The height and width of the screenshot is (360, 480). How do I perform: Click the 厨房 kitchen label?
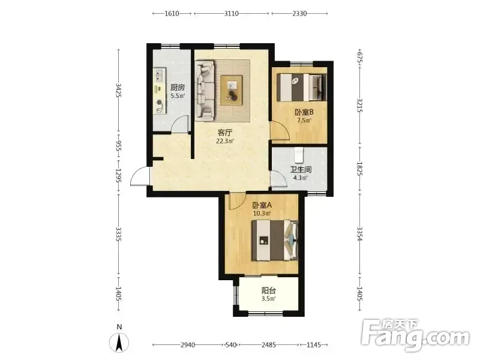click(x=178, y=88)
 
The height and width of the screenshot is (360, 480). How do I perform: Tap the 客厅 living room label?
click(x=225, y=133)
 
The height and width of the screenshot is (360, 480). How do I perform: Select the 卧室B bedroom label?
click(x=304, y=112)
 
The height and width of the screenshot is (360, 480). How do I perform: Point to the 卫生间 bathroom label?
click(x=301, y=170)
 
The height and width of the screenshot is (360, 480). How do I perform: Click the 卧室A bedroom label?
click(x=262, y=205)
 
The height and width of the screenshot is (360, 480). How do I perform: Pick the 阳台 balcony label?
click(x=269, y=290)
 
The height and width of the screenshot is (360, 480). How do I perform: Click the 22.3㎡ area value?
click(x=225, y=141)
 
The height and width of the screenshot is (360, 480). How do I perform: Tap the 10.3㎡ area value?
click(x=262, y=214)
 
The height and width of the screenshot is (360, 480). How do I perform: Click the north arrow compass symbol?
click(x=119, y=342)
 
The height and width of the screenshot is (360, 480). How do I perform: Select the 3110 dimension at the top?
click(x=232, y=13)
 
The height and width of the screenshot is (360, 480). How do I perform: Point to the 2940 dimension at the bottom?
click(x=188, y=345)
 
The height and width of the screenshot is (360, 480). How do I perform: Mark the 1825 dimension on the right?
click(x=360, y=169)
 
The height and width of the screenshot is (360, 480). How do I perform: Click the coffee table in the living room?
click(x=232, y=91)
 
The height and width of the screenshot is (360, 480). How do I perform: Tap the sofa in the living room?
click(x=205, y=89)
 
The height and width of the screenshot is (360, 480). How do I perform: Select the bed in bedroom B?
click(x=302, y=87)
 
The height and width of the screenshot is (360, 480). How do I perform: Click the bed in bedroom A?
click(x=275, y=241)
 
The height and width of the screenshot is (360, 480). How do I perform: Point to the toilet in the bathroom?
click(x=299, y=155)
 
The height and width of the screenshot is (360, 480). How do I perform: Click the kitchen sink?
click(x=160, y=76)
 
